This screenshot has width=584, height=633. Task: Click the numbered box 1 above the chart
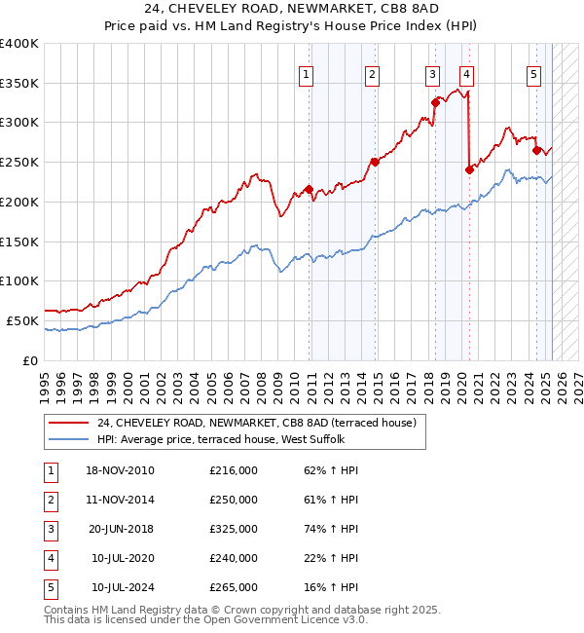(x=306, y=74)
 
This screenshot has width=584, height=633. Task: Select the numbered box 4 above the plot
(x=467, y=74)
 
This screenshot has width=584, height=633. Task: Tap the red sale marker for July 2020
(x=469, y=169)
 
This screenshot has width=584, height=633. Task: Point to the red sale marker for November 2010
(x=310, y=189)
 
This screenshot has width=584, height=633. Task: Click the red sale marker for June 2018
(x=435, y=101)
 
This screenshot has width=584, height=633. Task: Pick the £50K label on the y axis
(x=23, y=320)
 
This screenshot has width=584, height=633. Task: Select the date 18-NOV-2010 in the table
(x=120, y=470)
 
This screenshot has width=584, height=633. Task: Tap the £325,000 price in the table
(x=234, y=529)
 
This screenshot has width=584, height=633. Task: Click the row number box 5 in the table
(x=50, y=587)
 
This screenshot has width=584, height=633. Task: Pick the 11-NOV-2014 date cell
(x=120, y=500)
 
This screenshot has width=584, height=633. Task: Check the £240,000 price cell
(x=234, y=558)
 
